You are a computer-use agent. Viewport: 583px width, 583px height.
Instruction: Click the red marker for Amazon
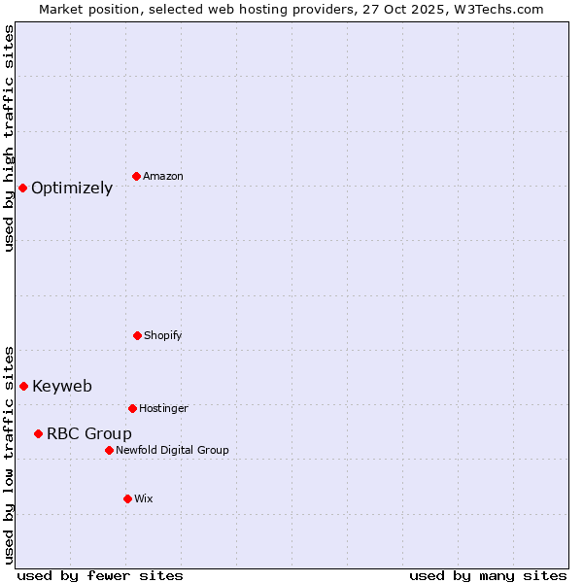pos(137,176)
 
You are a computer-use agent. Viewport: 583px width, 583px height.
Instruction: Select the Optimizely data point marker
pos(22,188)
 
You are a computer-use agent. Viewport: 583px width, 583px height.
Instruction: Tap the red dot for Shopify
pos(137,335)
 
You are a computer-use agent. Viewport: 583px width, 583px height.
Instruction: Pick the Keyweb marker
pos(23,386)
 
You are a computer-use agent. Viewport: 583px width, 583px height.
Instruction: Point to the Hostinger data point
pos(132,408)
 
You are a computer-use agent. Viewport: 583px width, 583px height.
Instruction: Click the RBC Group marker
pos(38,433)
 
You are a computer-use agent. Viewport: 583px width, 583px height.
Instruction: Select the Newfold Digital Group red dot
pos(109,450)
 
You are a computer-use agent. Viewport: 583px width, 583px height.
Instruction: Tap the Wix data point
pos(127,498)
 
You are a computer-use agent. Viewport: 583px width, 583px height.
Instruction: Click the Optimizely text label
pos(72,189)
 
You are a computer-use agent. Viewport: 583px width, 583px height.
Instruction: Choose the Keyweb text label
pos(62,387)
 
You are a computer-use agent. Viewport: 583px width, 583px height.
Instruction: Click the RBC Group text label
pos(89,434)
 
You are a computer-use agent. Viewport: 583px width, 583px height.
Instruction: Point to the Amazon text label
pos(163,177)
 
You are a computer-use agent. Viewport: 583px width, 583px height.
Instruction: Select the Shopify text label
pos(163,336)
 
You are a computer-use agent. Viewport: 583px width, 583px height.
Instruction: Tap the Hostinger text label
pos(163,409)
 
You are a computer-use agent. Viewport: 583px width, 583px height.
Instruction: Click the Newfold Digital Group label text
pos(172,451)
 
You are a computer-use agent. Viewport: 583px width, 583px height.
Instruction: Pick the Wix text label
pos(144,499)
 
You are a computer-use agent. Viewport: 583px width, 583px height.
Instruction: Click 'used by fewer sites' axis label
pos(100,575)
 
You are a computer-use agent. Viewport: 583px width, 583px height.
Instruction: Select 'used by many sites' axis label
pos(488,575)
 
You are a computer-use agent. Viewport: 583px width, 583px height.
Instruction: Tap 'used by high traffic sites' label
pos(9,138)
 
